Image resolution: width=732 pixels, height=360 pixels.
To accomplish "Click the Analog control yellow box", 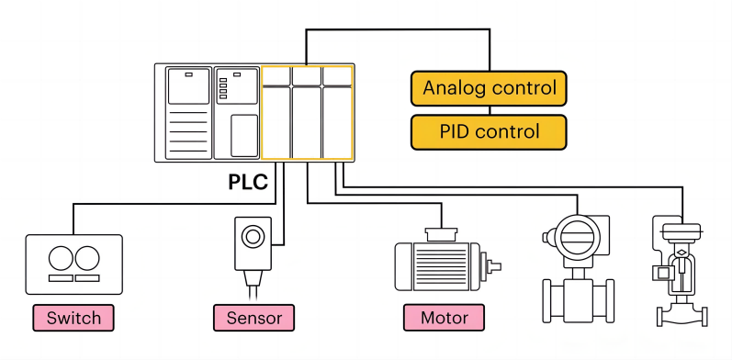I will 488,88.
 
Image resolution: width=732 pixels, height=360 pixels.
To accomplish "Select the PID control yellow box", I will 488,131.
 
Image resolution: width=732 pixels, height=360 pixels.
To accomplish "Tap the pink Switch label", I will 73,319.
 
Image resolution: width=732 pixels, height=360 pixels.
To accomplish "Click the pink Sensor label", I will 254,319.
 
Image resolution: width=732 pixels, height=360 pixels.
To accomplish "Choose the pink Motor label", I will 445,319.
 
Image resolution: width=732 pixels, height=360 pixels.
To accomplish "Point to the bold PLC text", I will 248,182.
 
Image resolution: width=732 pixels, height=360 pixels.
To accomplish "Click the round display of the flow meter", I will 573,237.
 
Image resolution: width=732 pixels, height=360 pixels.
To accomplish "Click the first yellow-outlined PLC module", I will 276,113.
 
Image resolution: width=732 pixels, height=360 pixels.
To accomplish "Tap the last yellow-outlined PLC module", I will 337,113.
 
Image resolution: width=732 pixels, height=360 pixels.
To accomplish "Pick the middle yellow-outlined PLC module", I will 307,113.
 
